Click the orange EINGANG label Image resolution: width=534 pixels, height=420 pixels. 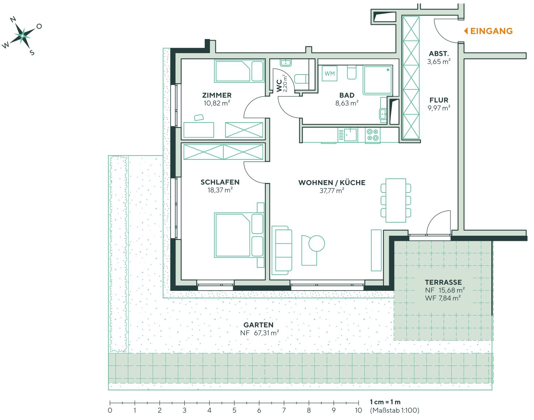[x=491, y=31]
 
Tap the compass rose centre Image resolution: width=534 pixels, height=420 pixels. [x=22, y=36]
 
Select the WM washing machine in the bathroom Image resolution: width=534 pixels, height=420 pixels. [x=329, y=74]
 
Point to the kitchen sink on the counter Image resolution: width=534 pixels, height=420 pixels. [x=350, y=134]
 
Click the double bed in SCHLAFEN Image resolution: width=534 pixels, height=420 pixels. [x=239, y=235]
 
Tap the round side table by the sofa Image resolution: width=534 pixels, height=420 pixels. [x=316, y=243]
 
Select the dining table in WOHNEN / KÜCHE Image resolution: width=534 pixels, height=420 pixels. [x=396, y=200]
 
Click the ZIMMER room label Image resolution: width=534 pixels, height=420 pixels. [x=217, y=95]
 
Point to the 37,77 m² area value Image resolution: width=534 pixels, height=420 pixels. [x=332, y=191]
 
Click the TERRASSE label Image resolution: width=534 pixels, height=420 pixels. [x=443, y=282]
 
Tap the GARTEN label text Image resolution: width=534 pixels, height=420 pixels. [x=258, y=325]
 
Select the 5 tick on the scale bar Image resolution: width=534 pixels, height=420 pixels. [x=234, y=403]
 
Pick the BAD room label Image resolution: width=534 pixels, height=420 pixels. [x=347, y=95]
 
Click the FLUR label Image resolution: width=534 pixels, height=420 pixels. [x=439, y=100]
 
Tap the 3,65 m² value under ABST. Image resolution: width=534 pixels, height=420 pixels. [x=439, y=62]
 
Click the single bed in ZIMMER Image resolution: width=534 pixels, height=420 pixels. [x=239, y=71]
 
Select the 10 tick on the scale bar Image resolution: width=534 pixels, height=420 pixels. [x=359, y=403]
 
